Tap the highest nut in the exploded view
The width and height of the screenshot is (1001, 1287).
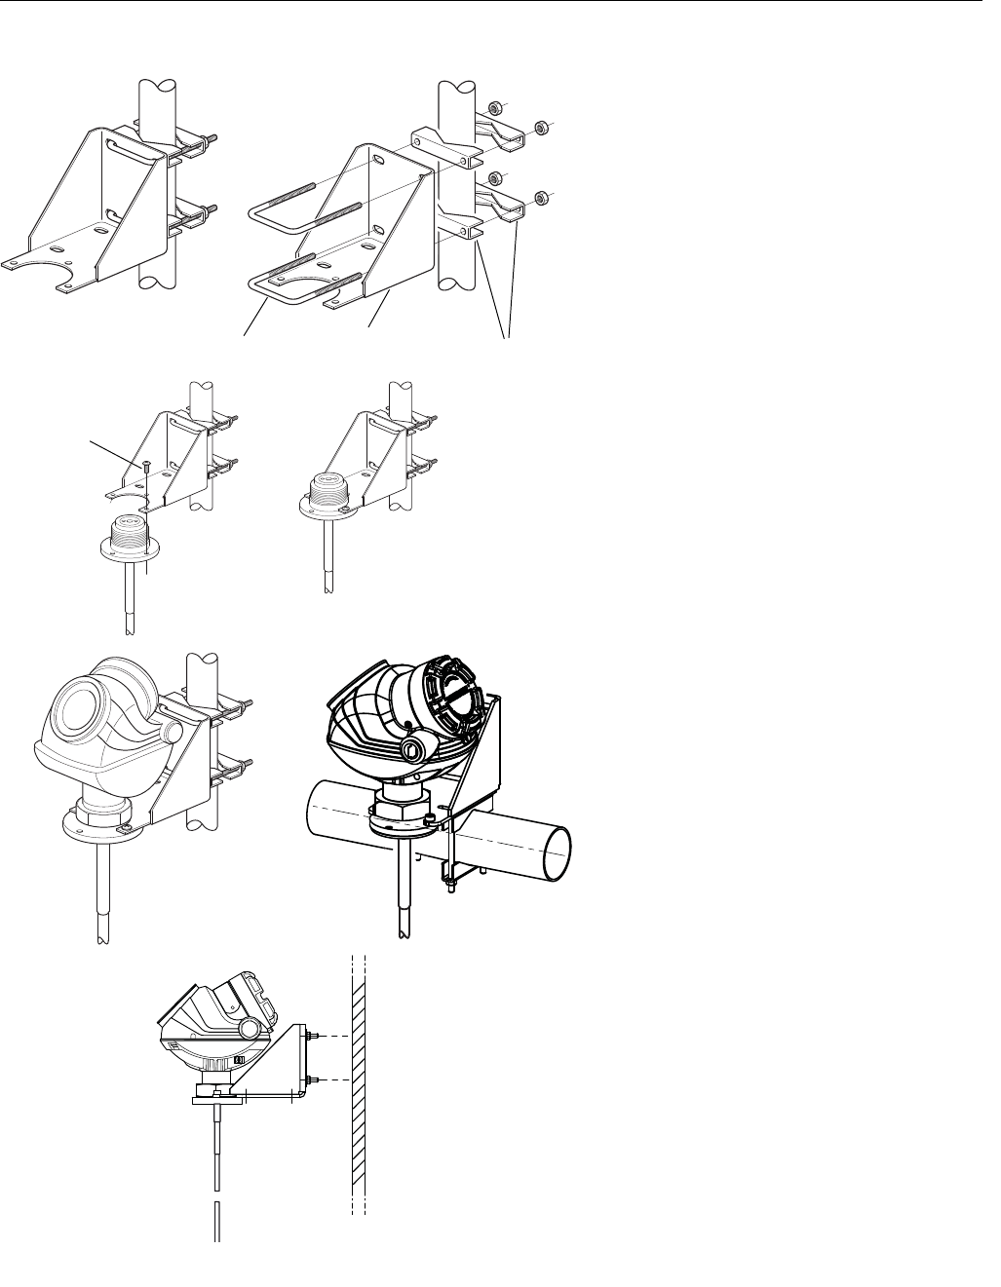click(496, 104)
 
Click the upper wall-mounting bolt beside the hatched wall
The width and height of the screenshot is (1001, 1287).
click(313, 1036)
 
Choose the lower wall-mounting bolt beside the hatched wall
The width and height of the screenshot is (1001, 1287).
click(313, 1079)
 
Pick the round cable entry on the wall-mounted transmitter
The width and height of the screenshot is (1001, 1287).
click(249, 1029)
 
